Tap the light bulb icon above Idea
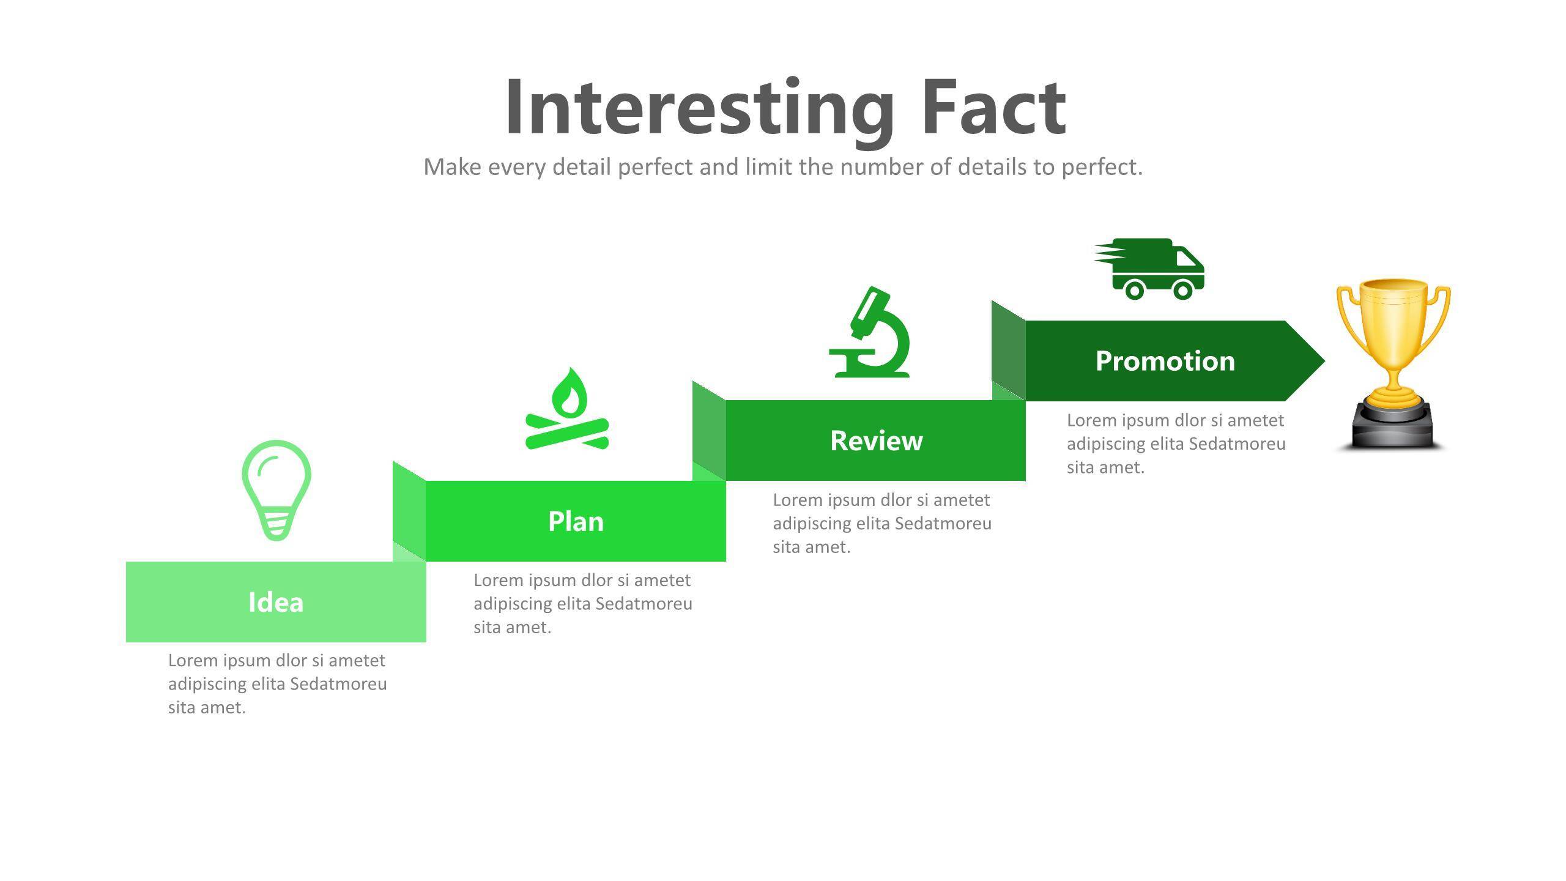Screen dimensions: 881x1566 [276, 489]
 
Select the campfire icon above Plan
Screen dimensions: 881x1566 [567, 410]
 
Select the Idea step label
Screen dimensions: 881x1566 [276, 602]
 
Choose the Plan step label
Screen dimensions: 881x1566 [576, 521]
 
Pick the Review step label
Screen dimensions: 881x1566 [876, 441]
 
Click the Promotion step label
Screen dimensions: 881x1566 [1165, 361]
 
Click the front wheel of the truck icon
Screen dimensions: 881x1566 [1182, 289]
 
